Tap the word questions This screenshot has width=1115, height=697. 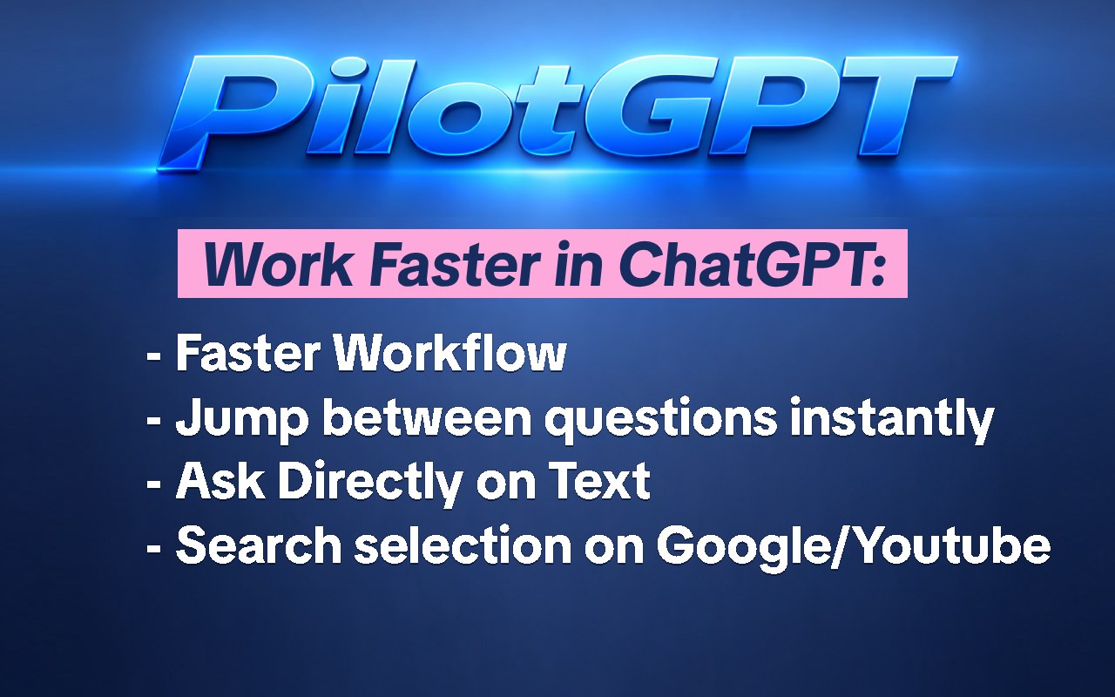point(660,421)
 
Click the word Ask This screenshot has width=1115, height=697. point(220,481)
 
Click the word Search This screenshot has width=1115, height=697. point(259,545)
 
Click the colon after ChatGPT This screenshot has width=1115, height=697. point(877,270)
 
